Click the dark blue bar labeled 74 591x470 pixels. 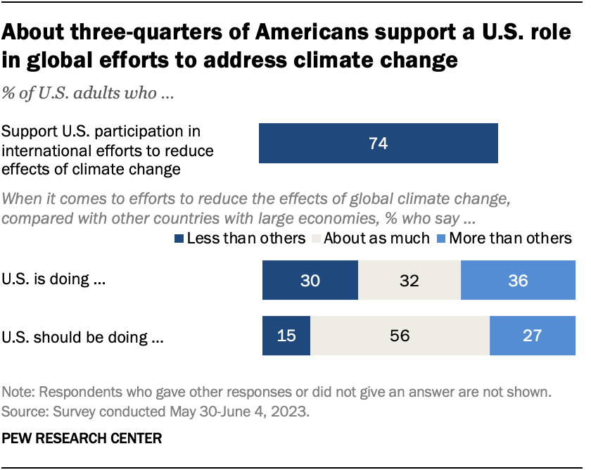tap(379, 144)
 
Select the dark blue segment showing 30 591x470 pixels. tap(310, 280)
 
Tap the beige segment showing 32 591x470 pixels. tap(409, 280)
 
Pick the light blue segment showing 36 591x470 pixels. tap(518, 280)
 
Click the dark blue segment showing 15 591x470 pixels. tap(286, 335)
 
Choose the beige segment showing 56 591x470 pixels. tap(400, 335)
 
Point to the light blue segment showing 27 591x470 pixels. tap(533, 335)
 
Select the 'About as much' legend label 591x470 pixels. tap(375, 239)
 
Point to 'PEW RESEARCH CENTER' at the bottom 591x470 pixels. tap(82, 438)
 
